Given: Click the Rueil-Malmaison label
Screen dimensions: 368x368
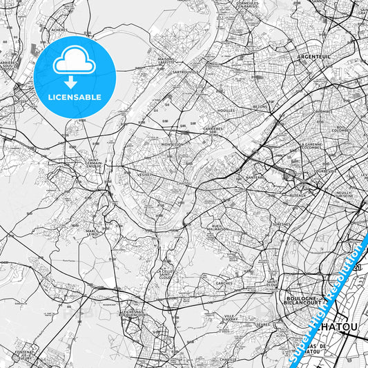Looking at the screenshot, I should click(221, 228).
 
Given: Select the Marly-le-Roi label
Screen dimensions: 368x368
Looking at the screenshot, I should click(94, 232).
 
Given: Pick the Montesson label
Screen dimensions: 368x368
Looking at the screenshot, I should click(172, 144).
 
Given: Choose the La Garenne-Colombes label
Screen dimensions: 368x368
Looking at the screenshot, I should click(312, 146).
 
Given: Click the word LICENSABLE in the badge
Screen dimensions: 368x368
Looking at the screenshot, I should click(75, 97).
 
